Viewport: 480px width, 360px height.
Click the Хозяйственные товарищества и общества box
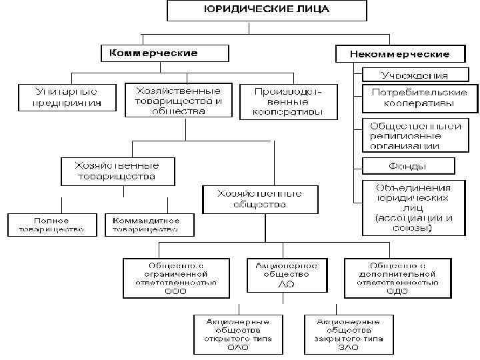[178, 99]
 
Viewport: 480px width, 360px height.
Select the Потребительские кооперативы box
[419, 98]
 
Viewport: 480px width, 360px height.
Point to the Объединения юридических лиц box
[413, 208]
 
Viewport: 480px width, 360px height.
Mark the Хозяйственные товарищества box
[118, 171]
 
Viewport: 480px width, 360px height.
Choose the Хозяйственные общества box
[259, 199]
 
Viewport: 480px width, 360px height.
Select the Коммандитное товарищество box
[149, 225]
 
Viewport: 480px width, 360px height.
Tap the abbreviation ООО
[176, 291]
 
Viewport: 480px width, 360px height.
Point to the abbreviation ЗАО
[347, 347]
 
